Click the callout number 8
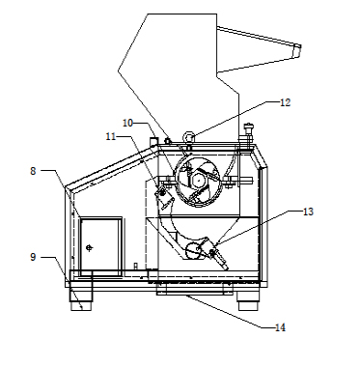tap(33, 171)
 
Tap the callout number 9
tap(33, 257)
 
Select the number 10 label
tap(127, 123)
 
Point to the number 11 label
tap(111, 136)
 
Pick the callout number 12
tap(286, 102)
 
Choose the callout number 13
tap(308, 212)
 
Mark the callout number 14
tap(280, 327)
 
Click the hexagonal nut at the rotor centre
tap(198, 180)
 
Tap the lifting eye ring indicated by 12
tap(189, 137)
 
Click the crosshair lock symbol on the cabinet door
tap(90, 247)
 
